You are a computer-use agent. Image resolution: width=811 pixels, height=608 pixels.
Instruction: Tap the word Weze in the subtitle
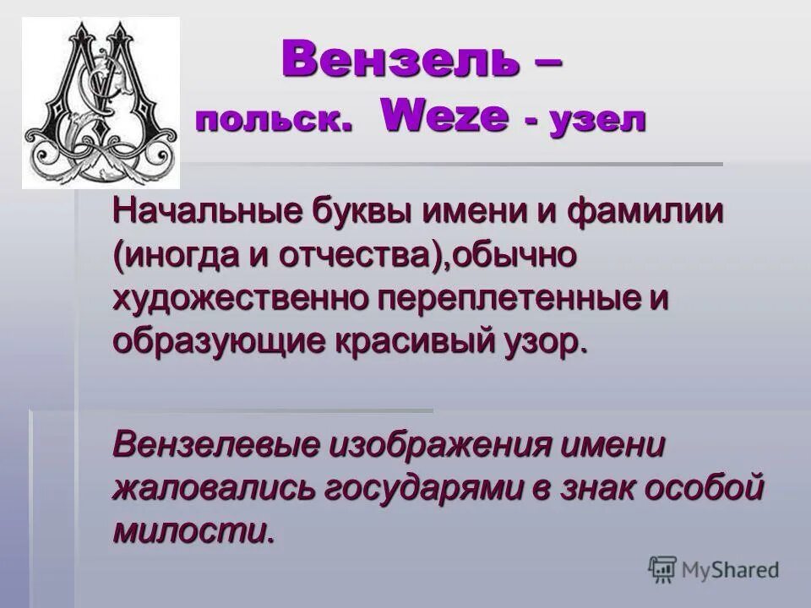(x=445, y=118)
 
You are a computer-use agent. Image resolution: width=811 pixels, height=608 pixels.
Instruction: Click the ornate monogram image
(x=101, y=104)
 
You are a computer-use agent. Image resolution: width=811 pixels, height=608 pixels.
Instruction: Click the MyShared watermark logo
(x=714, y=569)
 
